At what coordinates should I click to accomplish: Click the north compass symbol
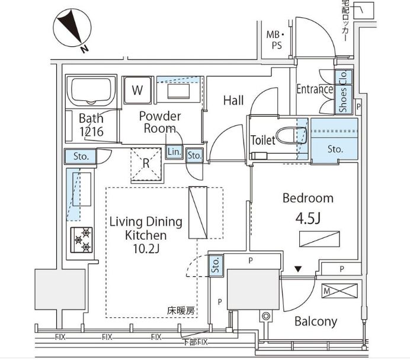[72, 28]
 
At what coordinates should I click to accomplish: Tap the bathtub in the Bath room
[91, 91]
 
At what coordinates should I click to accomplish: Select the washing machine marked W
[137, 90]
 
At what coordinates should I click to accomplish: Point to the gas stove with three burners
[82, 240]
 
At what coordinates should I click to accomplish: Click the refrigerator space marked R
[146, 164]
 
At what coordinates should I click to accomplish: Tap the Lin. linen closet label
[174, 152]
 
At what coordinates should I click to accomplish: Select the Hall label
[233, 100]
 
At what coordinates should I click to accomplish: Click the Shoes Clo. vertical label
[343, 92]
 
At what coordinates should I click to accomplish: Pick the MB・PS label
[276, 40]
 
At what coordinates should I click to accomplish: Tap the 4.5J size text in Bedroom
[308, 218]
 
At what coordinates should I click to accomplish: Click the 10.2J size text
[146, 249]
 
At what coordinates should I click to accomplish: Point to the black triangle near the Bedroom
[298, 269]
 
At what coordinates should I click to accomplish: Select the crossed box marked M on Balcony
[339, 291]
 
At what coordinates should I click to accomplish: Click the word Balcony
[316, 321]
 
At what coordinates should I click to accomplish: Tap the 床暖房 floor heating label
[181, 311]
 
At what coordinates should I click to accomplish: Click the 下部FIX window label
[195, 342]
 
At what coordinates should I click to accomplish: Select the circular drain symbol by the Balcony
[266, 316]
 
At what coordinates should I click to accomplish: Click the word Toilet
[263, 140]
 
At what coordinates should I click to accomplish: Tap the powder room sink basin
[178, 91]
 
